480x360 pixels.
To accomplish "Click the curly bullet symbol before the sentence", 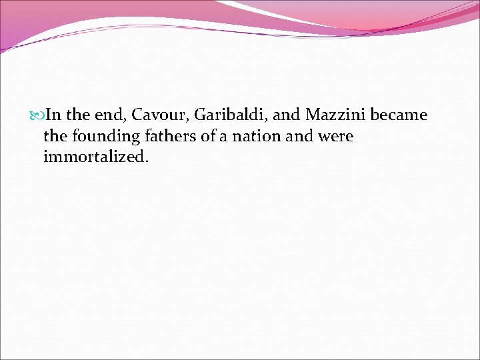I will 37,115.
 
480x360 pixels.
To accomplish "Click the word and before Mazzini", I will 287,115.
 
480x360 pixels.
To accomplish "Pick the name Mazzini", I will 335,115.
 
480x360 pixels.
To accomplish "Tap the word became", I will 399,115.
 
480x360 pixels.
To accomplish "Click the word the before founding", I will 55,137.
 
